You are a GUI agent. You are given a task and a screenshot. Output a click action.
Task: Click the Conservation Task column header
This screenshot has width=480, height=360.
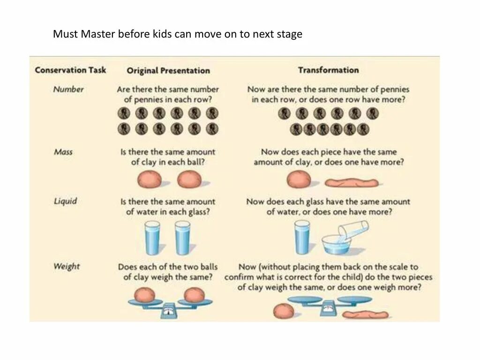pyautogui.click(x=70, y=70)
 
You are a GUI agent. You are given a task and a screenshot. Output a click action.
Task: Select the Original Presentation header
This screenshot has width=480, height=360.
pyautogui.click(x=168, y=71)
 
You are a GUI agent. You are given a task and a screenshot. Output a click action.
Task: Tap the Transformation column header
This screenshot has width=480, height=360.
pyautogui.click(x=328, y=70)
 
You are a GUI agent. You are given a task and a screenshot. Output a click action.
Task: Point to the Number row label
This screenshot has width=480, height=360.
pyautogui.click(x=68, y=89)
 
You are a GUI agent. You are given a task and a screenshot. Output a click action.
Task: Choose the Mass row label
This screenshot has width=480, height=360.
pyautogui.click(x=63, y=152)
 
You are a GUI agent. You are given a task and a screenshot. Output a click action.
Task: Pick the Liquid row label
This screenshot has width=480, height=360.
pyautogui.click(x=65, y=201)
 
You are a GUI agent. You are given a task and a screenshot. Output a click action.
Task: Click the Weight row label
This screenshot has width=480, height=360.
pyautogui.click(x=67, y=266)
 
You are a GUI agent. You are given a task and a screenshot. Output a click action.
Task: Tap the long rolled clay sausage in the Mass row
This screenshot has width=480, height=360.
pyautogui.click(x=352, y=182)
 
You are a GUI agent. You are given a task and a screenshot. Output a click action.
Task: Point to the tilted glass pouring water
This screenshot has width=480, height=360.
pyautogui.click(x=355, y=230)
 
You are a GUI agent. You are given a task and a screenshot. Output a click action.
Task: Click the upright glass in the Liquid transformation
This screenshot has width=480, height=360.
pyautogui.click(x=301, y=238)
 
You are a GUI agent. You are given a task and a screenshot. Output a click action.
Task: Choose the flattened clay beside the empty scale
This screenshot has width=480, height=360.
pyautogui.click(x=365, y=314)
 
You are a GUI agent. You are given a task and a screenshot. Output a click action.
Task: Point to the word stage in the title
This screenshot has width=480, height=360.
pyautogui.click(x=290, y=35)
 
